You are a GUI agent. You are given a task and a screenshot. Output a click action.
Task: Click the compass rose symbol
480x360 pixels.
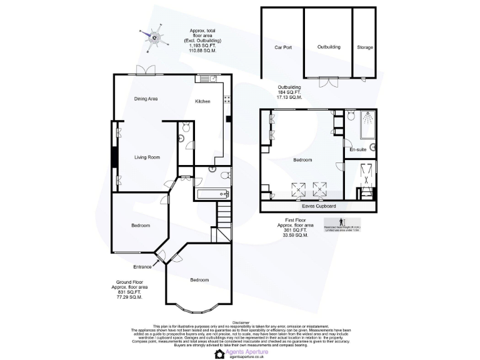click(155, 38)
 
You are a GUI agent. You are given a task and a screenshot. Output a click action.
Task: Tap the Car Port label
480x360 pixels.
click(284, 47)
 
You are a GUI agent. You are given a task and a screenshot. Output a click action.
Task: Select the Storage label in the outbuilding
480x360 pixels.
click(366, 47)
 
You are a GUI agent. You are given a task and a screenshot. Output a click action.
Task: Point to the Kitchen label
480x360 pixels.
click(202, 101)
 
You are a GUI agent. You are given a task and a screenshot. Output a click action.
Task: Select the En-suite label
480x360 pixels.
click(357, 150)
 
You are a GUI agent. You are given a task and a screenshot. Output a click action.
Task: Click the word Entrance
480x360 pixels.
click(142, 267)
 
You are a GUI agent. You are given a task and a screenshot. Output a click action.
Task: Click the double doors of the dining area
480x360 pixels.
click(146, 70)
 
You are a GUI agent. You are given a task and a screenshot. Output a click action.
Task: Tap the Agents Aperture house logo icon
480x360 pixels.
click(219, 354)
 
